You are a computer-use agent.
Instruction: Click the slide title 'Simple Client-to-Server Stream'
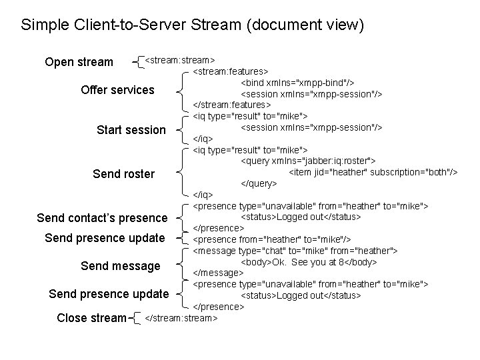193,26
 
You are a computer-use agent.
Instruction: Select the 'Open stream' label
79,63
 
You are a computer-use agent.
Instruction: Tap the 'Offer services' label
117,90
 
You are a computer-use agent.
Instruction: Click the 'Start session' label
131,130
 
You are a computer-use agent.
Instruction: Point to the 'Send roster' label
123,174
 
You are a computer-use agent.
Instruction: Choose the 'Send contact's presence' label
102,218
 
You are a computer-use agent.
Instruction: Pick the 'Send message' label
120,266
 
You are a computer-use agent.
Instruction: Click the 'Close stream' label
91,318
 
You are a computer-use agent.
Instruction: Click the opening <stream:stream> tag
179,60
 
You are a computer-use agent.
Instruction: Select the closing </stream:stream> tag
181,318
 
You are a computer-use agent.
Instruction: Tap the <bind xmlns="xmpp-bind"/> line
297,83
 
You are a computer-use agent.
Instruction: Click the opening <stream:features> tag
231,71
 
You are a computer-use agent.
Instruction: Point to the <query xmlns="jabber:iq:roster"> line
308,161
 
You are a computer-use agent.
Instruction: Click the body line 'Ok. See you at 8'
309,262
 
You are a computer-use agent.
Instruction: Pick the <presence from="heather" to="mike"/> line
272,239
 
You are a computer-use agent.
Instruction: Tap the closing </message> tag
218,273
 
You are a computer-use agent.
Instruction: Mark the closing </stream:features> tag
232,105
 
